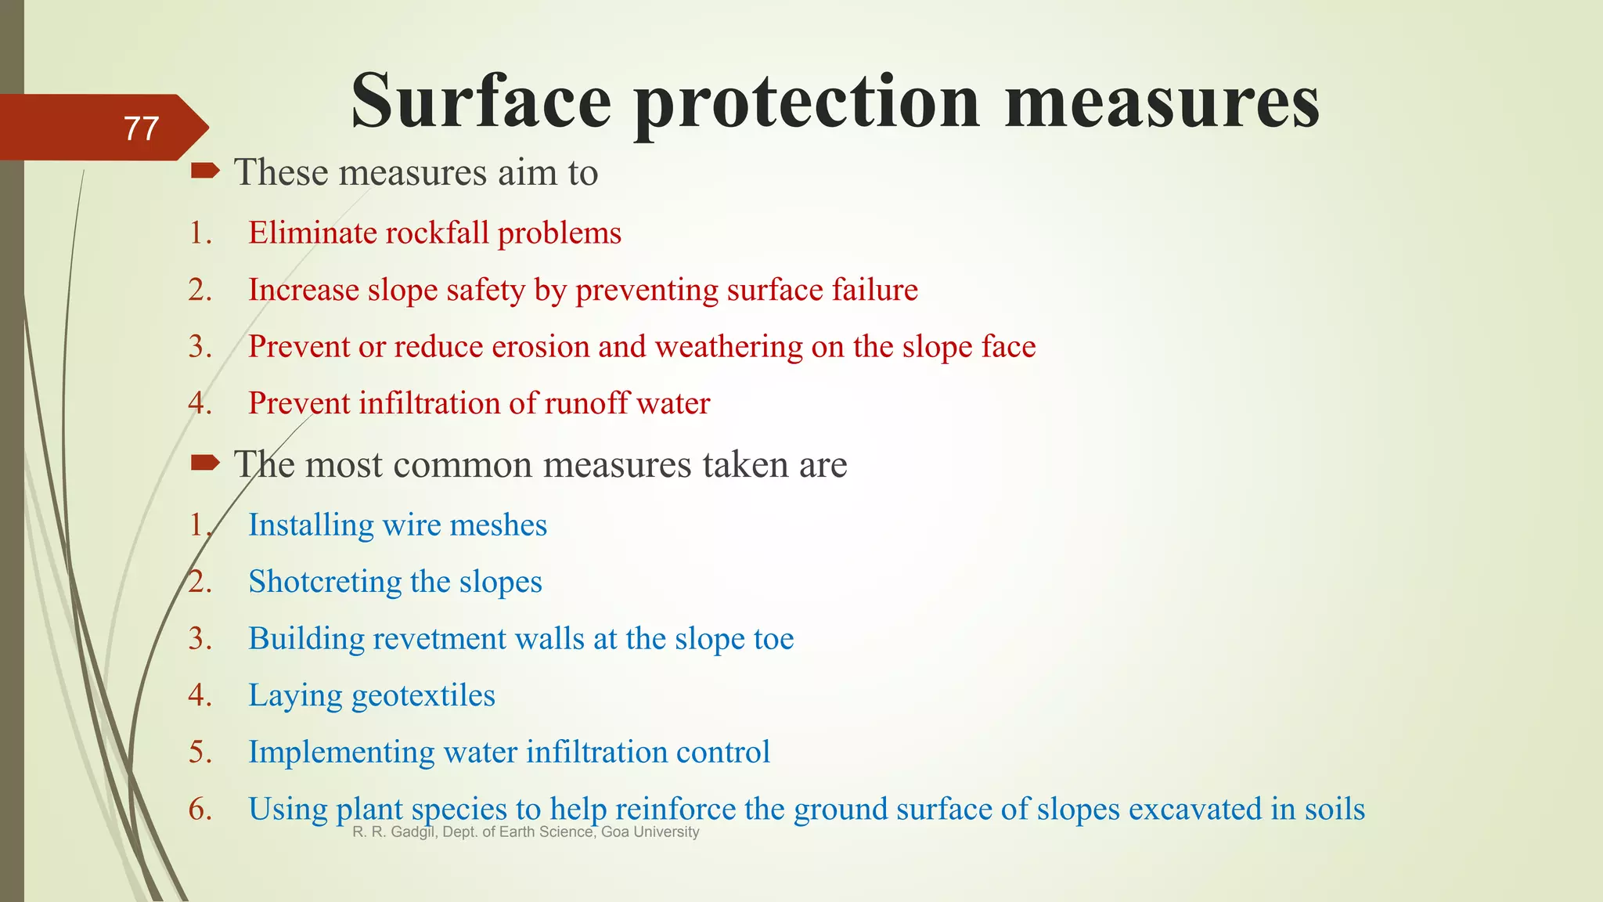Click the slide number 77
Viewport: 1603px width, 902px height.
(x=141, y=128)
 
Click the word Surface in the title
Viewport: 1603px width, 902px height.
(x=481, y=102)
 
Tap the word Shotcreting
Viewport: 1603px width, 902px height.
(x=325, y=582)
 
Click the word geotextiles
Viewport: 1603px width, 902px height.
(x=423, y=695)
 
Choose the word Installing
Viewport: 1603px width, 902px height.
(x=311, y=525)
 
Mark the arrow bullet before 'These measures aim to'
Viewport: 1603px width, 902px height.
(x=206, y=171)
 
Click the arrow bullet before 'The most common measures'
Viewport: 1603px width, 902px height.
(x=206, y=463)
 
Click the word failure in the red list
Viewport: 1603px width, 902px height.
(x=874, y=290)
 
